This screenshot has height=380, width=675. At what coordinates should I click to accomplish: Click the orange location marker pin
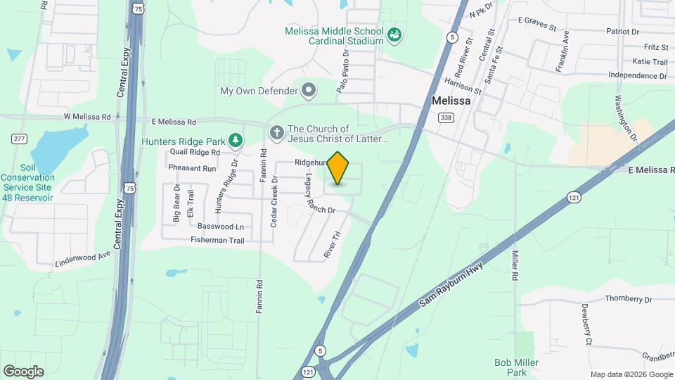338,168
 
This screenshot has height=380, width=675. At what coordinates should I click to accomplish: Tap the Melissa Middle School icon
394,34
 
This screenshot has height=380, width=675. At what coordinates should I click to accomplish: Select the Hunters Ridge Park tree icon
236,141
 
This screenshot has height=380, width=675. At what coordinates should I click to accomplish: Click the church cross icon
277,132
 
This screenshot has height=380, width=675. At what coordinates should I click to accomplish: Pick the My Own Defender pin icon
308,90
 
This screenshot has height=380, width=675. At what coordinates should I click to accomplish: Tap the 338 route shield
445,118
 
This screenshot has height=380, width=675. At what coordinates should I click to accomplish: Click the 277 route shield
18,138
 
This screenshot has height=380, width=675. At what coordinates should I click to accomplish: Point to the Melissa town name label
451,101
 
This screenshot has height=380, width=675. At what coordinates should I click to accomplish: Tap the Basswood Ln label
221,227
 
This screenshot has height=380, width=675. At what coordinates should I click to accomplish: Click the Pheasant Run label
192,168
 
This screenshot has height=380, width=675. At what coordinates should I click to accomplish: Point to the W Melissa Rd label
87,117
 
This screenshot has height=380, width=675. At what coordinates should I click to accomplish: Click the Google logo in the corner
23,372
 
